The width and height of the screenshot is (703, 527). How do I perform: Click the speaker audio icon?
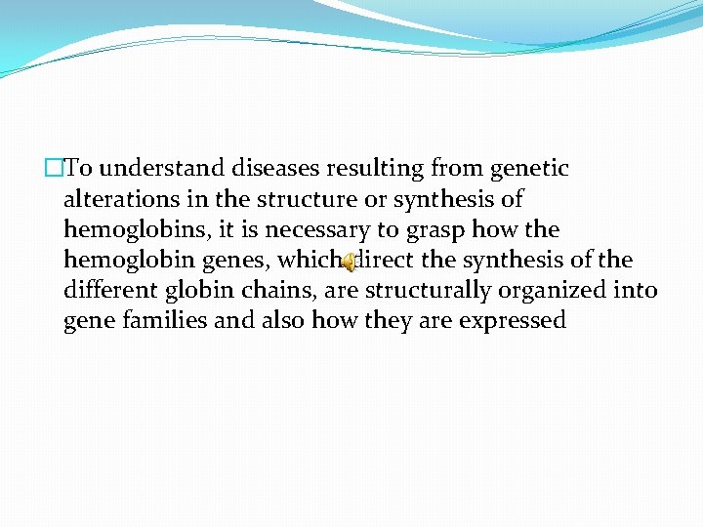[x=348, y=262]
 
